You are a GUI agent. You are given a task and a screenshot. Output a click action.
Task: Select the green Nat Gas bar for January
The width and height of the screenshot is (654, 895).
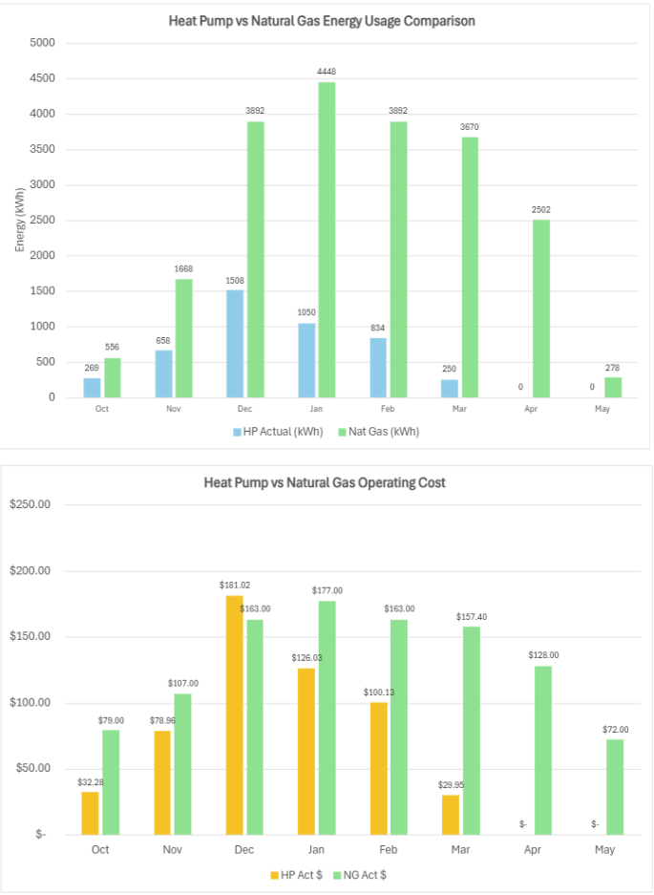click(x=327, y=240)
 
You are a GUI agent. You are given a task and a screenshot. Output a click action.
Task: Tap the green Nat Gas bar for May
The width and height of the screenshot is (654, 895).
click(x=612, y=387)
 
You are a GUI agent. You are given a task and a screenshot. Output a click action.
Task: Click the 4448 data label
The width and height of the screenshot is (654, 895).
click(x=327, y=72)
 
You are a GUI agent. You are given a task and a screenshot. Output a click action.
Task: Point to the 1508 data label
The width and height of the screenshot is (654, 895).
click(x=236, y=280)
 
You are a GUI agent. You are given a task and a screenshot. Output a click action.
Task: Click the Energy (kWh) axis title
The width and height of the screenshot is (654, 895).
click(x=19, y=220)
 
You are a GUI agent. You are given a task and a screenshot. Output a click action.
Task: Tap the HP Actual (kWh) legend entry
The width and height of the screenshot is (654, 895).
click(x=278, y=431)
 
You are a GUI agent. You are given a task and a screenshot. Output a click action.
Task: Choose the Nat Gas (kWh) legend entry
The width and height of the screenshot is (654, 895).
click(x=380, y=431)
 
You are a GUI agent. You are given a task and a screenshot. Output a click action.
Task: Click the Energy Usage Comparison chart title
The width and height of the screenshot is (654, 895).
click(x=322, y=20)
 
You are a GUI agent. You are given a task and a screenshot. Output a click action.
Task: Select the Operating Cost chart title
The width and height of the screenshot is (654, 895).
click(x=325, y=482)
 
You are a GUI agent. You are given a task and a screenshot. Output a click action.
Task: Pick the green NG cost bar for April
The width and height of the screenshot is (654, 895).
click(x=543, y=750)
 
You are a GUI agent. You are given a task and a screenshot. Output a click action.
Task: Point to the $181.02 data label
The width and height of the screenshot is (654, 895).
click(x=236, y=585)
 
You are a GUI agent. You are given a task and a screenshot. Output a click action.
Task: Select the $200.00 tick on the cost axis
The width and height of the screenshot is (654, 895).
click(x=29, y=571)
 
